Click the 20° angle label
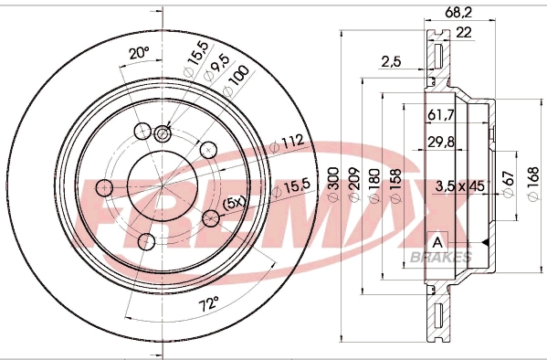click(x=138, y=54)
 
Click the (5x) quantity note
click(x=234, y=201)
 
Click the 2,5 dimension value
click(x=391, y=62)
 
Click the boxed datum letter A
click(x=438, y=242)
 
